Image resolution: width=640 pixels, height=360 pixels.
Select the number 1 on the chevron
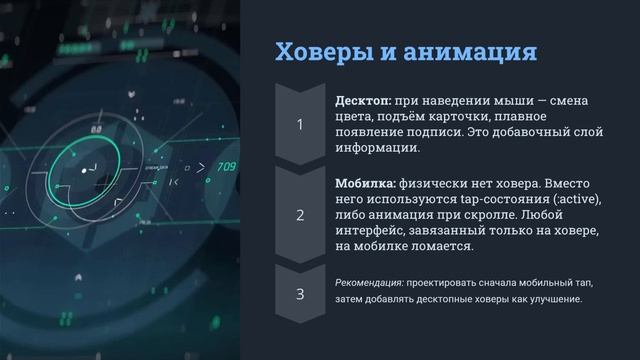coord(300,125)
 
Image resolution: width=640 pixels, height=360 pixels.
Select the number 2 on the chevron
coord(300,215)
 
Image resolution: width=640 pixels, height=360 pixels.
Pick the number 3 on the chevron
coord(300,294)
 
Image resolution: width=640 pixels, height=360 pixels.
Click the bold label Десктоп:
coord(364,102)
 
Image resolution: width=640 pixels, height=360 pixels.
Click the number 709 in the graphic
coord(227,166)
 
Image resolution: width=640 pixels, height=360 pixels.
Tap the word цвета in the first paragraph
coord(353,117)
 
